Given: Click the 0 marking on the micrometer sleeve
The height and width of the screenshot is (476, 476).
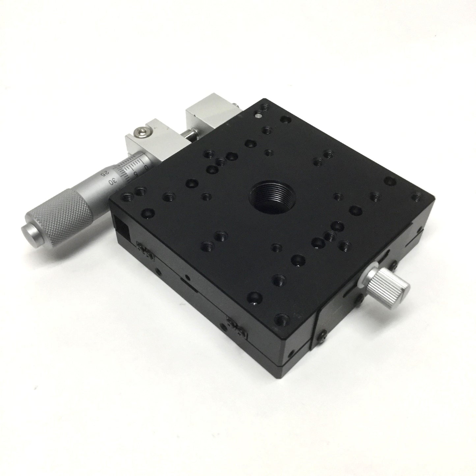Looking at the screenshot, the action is (x=146, y=167).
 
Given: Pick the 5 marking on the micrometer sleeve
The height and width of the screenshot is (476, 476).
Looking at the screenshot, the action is (x=136, y=174).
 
